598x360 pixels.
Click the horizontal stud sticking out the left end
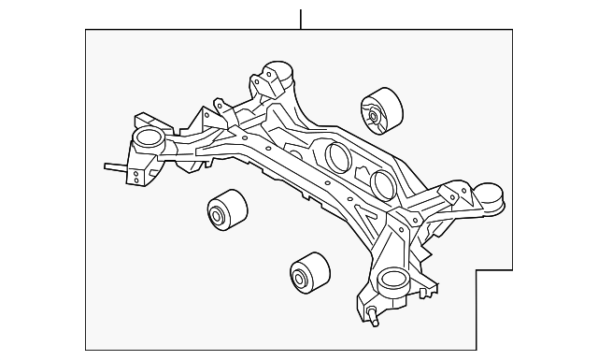tap(114, 168)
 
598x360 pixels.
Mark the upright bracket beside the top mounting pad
tap(260, 84)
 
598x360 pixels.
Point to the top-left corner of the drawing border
tap(86, 30)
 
